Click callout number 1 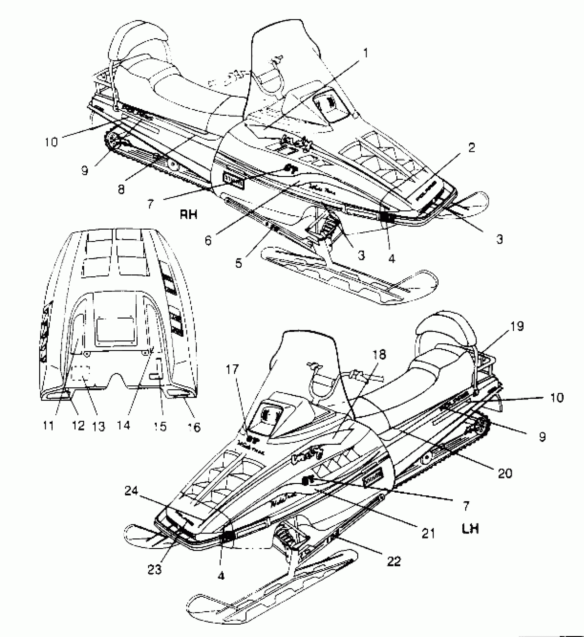tap(366, 53)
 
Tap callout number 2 tap(471, 148)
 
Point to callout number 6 tap(208, 240)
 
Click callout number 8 tap(121, 189)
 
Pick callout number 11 tap(49, 426)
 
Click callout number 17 tap(233, 370)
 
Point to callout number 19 tap(517, 326)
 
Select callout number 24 tap(131, 492)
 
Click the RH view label tap(189, 215)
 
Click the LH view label tap(470, 529)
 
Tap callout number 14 tap(124, 426)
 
